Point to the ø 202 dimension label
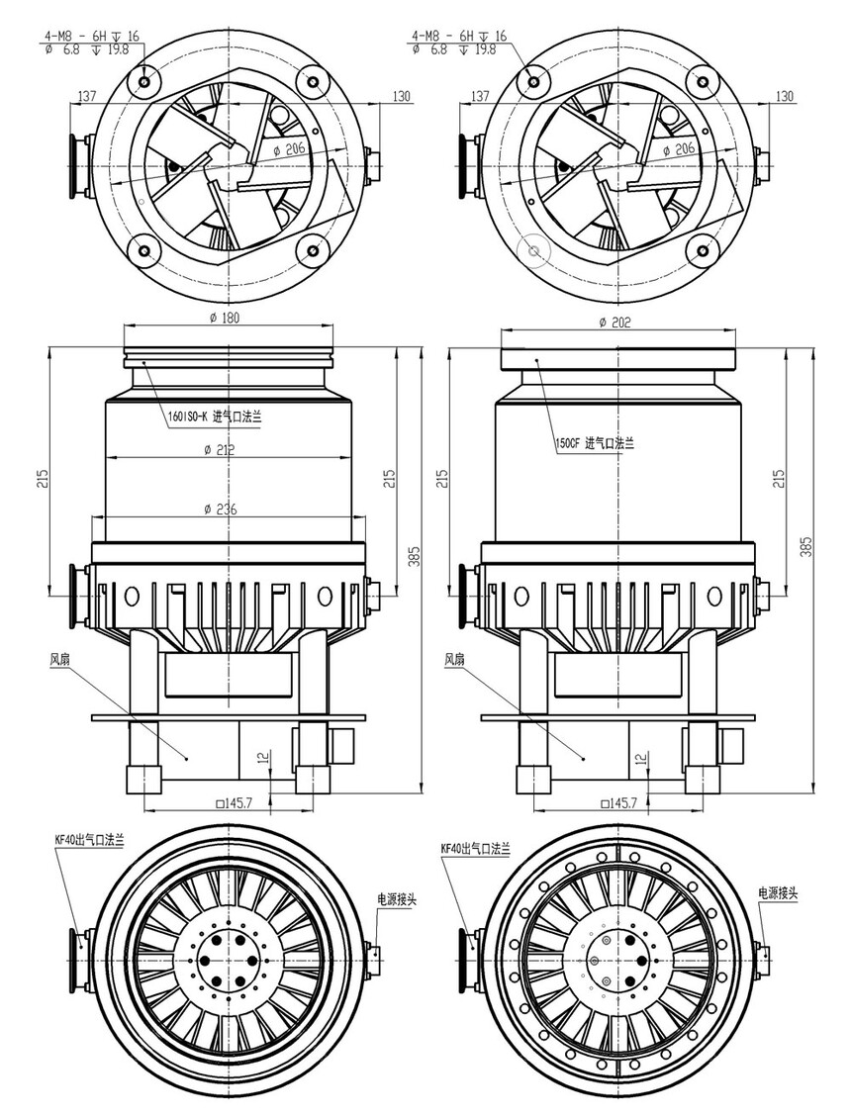[615, 322]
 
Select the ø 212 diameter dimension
[220, 450]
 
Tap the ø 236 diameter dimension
[220, 509]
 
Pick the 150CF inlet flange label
[594, 443]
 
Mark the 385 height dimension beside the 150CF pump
[805, 546]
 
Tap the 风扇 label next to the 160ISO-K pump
[59, 659]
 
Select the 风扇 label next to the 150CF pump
[453, 659]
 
